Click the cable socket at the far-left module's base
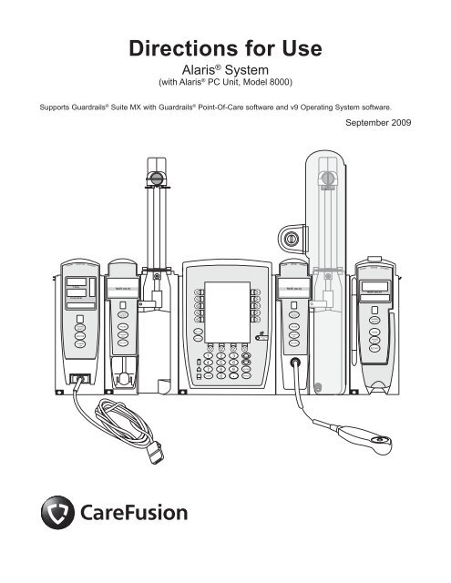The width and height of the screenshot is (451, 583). [76, 383]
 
